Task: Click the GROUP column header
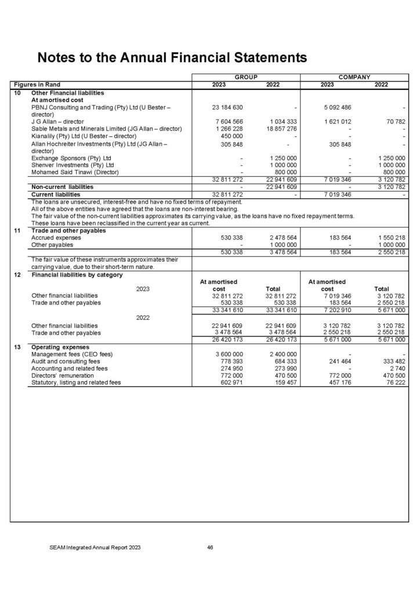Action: point(246,77)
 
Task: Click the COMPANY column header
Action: point(354,77)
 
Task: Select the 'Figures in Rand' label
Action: point(38,85)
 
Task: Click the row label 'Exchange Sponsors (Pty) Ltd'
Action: point(71,158)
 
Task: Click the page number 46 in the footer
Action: point(211,547)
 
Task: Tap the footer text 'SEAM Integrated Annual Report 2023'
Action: point(95,547)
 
